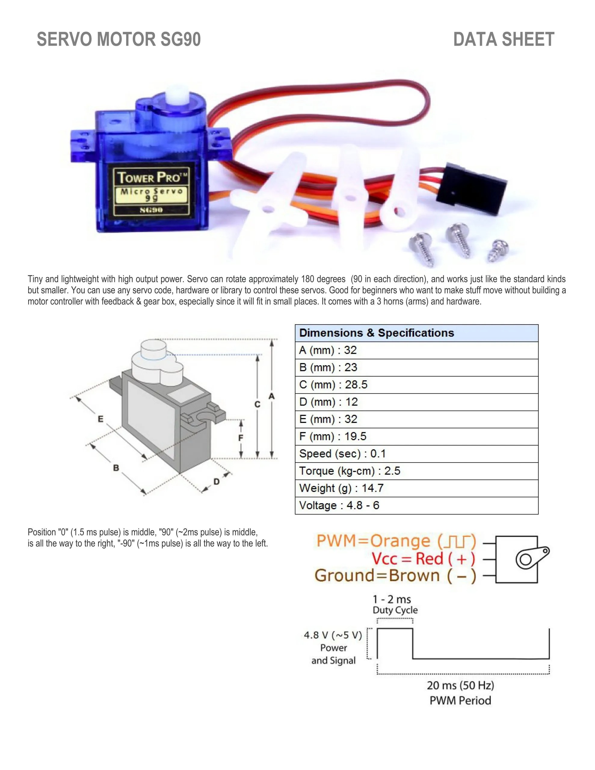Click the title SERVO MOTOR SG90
coord(119,39)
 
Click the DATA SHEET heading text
coord(503,39)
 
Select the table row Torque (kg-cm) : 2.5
coord(416,471)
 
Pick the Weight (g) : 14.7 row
coord(416,488)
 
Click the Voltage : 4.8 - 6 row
coord(416,506)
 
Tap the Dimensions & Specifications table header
coord(416,333)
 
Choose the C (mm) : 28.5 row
coord(416,385)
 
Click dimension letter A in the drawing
coord(271,396)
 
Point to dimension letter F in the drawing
coord(241,438)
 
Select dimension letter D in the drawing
coord(217,482)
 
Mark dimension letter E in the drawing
coord(100,419)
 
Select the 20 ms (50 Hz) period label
coord(460,685)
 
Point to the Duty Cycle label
coord(395,610)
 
